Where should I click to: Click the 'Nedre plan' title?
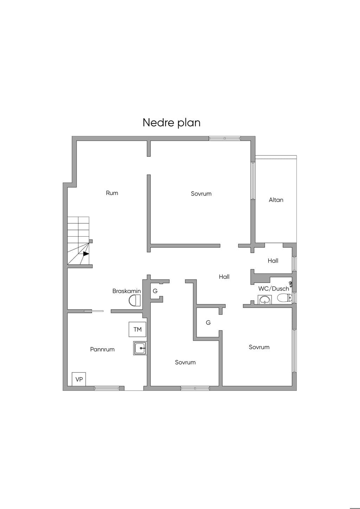(x=172, y=123)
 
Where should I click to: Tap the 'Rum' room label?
(x=112, y=193)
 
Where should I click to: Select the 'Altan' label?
(x=276, y=200)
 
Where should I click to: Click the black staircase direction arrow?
(x=86, y=253)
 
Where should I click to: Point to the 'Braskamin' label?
(x=127, y=291)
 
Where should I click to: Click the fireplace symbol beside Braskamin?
(x=135, y=301)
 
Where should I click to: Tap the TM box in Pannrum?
(x=137, y=329)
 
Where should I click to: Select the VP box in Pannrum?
(x=79, y=379)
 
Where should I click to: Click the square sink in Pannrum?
(x=140, y=348)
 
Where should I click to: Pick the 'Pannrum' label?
(x=102, y=349)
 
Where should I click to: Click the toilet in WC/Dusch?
(x=284, y=298)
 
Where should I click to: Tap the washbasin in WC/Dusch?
(x=265, y=300)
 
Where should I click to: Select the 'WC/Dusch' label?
(x=274, y=289)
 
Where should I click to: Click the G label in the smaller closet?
(x=155, y=291)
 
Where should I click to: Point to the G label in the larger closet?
(x=208, y=322)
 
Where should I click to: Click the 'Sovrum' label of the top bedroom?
(x=201, y=194)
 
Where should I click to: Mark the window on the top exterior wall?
(x=225, y=138)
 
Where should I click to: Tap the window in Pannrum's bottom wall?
(x=107, y=388)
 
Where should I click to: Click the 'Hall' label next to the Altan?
(x=273, y=260)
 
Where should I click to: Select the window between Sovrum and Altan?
(x=253, y=181)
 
